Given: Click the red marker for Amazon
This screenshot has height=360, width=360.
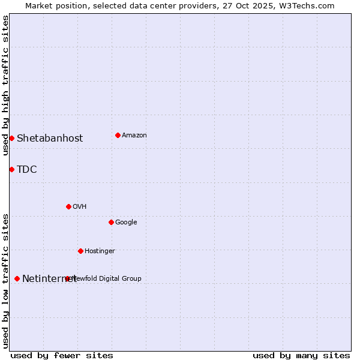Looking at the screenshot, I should click(x=118, y=135).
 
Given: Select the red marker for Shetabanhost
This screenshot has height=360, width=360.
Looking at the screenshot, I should click(x=11, y=138).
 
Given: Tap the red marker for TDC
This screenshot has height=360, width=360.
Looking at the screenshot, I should click(x=11, y=169).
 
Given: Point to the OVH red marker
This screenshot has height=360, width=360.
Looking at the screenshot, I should click(x=68, y=206).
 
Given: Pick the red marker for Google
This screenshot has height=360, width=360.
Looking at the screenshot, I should click(x=111, y=222).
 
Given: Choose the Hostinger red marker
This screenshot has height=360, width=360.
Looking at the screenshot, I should click(x=80, y=251).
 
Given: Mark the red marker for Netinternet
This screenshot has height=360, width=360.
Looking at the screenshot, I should click(x=17, y=278).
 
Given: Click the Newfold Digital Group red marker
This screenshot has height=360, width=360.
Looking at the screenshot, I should click(x=67, y=278).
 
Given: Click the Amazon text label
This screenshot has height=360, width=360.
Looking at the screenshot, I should click(x=134, y=135).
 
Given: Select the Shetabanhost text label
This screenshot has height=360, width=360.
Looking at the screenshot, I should click(x=50, y=138).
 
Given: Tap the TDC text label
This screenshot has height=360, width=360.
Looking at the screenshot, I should click(x=27, y=169).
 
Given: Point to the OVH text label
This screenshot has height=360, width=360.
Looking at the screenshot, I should click(x=80, y=206).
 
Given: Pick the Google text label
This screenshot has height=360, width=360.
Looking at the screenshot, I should click(x=126, y=222).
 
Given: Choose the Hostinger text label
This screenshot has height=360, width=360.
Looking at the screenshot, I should click(x=100, y=251).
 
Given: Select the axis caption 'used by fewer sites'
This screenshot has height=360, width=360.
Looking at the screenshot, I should click(x=62, y=355).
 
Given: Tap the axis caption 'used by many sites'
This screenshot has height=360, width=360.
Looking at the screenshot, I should click(x=301, y=355).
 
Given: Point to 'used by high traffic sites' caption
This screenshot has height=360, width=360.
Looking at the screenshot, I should click(x=5, y=86).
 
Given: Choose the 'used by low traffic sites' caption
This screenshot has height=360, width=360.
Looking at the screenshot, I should click(x=5, y=280).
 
